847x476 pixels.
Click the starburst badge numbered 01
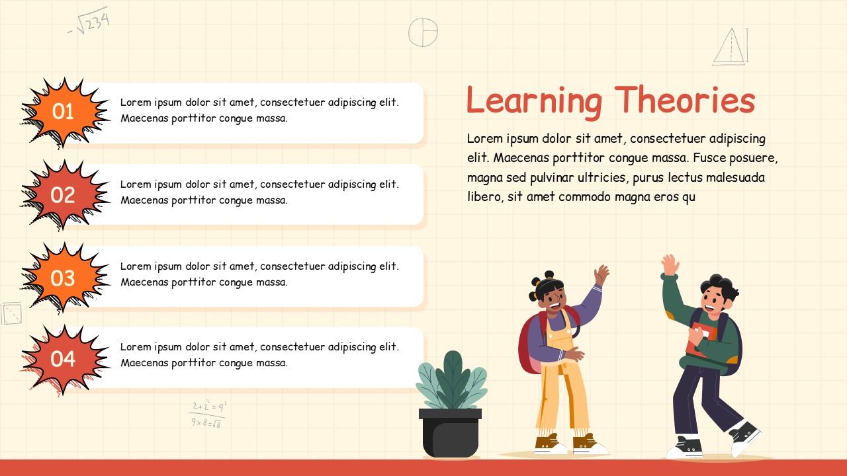[x=64, y=112]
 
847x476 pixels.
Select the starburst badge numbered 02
[x=64, y=194]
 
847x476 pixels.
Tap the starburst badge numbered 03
[x=64, y=278]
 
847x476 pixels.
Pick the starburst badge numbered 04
[x=64, y=359]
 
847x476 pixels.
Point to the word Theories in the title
[x=684, y=101]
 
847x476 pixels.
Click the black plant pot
[x=450, y=433]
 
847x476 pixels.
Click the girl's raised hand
[x=602, y=274]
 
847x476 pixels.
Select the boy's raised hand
[x=670, y=264]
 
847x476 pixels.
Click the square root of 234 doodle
[x=89, y=21]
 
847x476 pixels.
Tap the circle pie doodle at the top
[x=423, y=32]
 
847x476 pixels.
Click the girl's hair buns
[x=542, y=280]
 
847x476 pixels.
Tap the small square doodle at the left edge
[x=11, y=313]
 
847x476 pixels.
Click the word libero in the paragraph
[x=484, y=197]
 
